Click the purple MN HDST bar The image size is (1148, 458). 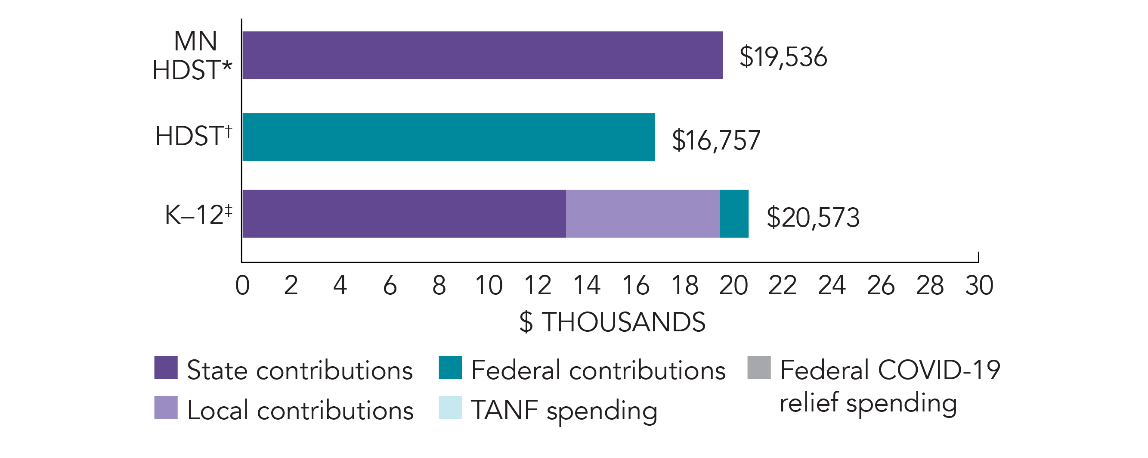pyautogui.click(x=482, y=55)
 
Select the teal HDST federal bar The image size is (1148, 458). pyautogui.click(x=449, y=137)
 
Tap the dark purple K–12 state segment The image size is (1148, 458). pyautogui.click(x=404, y=214)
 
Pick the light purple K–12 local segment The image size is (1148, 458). pyautogui.click(x=643, y=214)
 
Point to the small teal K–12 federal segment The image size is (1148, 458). pyautogui.click(x=734, y=214)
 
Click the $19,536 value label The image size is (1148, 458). pyautogui.click(x=783, y=57)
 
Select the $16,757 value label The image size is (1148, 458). pyautogui.click(x=716, y=140)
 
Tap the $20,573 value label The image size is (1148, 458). pyautogui.click(x=813, y=218)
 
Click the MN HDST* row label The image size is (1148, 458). pyautogui.click(x=192, y=56)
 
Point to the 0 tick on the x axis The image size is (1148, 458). pyautogui.click(x=242, y=285)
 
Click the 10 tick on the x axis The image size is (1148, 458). pyautogui.click(x=489, y=285)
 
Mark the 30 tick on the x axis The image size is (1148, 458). pyautogui.click(x=979, y=285)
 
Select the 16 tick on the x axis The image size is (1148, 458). pyautogui.click(x=635, y=285)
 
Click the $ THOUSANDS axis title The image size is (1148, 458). pyautogui.click(x=613, y=322)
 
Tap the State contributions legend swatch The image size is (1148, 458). pyautogui.click(x=166, y=368)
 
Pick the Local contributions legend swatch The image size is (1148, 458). pyautogui.click(x=166, y=408)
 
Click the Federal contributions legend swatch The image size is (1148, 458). pyautogui.click(x=450, y=368)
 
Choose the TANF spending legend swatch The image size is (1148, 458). pyautogui.click(x=450, y=408)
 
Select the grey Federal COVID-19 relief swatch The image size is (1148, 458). pyautogui.click(x=759, y=368)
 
